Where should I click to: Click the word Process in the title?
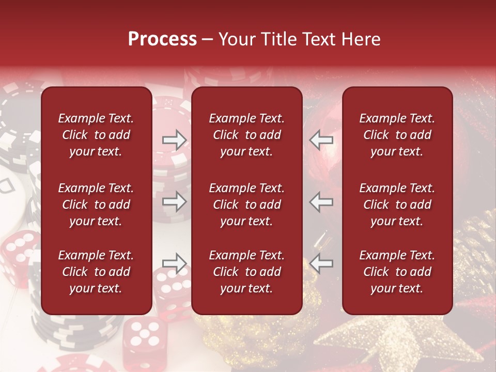(162, 39)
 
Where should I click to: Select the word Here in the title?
(361, 39)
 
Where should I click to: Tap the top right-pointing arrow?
(174, 139)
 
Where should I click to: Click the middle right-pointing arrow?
(174, 201)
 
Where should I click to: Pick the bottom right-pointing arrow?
(174, 263)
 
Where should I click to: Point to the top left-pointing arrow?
(321, 139)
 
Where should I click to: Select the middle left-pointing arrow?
(321, 201)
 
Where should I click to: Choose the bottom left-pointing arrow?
(321, 263)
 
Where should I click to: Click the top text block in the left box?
(96, 135)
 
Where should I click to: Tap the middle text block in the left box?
(96, 205)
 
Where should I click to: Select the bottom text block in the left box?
(96, 272)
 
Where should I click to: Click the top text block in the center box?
(246, 135)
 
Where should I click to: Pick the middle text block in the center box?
(246, 205)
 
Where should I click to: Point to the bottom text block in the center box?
(246, 272)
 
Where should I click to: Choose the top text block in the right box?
(397, 135)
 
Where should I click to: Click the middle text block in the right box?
(397, 205)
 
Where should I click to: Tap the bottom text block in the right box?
(397, 272)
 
